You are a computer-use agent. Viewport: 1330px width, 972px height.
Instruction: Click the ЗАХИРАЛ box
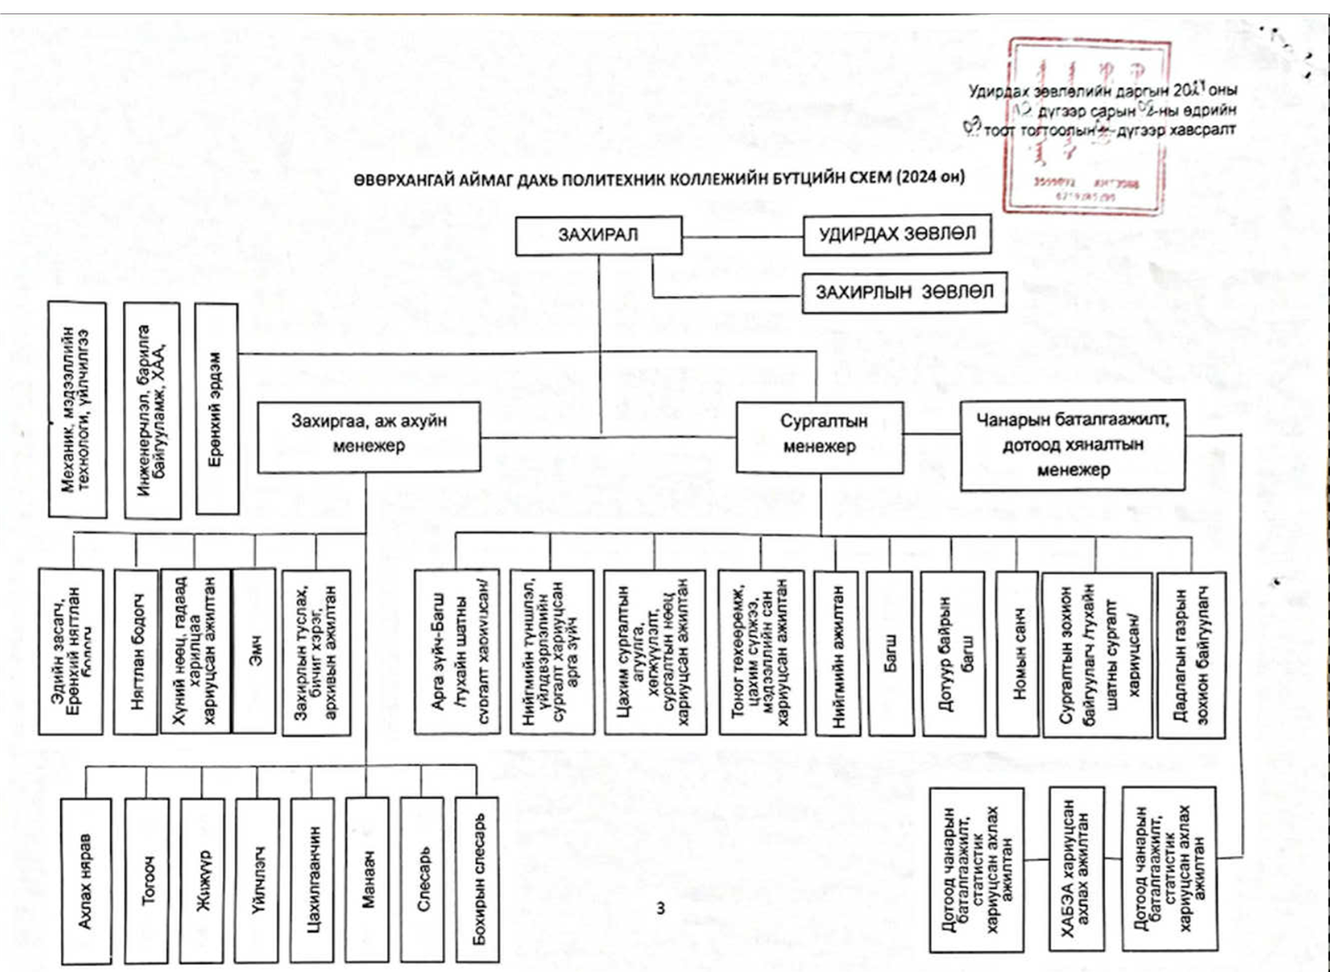tap(599, 236)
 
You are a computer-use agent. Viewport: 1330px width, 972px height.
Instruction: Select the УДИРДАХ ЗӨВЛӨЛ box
tap(897, 235)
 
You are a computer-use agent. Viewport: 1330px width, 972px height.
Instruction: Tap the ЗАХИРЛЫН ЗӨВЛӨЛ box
tap(904, 292)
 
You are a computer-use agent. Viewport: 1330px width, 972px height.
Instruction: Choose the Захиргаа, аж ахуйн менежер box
tap(369, 434)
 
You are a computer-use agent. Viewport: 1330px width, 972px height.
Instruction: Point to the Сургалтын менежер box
tap(819, 434)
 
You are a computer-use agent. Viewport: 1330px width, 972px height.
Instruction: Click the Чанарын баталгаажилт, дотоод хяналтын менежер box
tap(1072, 445)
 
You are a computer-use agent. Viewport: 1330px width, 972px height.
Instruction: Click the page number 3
tap(661, 908)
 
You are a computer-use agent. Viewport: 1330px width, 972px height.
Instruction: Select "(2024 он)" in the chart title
tap(932, 178)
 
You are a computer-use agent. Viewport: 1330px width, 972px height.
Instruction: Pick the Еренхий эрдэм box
tap(216, 409)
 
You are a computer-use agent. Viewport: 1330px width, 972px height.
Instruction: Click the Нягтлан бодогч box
tap(136, 652)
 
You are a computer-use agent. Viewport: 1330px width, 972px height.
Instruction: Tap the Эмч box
tap(254, 652)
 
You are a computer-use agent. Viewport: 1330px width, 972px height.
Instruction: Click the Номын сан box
tap(1018, 653)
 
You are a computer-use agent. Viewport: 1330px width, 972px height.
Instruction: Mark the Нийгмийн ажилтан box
tap(838, 653)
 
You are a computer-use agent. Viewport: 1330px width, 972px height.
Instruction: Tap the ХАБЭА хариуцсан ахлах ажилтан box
tap(1076, 868)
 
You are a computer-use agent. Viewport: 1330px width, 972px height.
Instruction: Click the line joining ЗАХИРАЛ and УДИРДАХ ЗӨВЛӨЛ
tap(742, 236)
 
